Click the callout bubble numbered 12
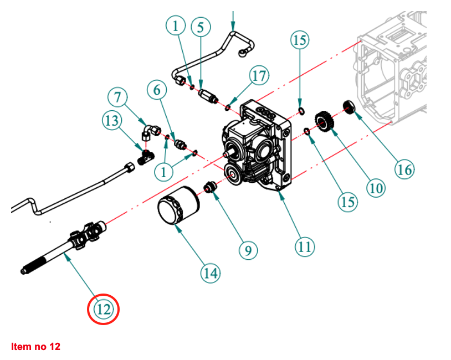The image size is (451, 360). pyautogui.click(x=104, y=309)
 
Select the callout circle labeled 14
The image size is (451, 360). pyautogui.click(x=210, y=272)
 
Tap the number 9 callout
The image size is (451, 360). pyautogui.click(x=248, y=250)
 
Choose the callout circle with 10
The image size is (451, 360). pyautogui.click(x=375, y=188)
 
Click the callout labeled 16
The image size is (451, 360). pyautogui.click(x=404, y=168)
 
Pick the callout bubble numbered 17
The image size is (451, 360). pyautogui.click(x=259, y=75)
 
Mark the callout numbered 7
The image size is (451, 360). pyautogui.click(x=117, y=97)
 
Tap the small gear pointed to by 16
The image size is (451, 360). pyautogui.click(x=350, y=106)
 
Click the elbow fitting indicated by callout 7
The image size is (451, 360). pyautogui.click(x=149, y=131)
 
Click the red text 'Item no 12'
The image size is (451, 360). pyautogui.click(x=35, y=347)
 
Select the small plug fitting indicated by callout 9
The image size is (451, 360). pyautogui.click(x=210, y=188)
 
